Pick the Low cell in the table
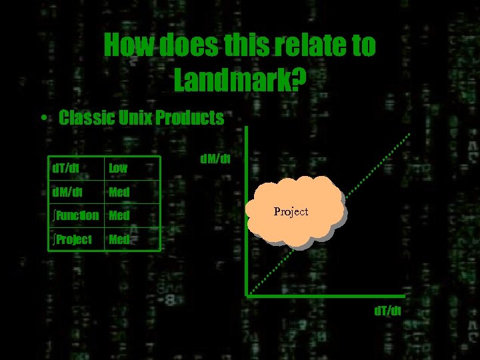118,169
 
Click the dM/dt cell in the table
67,193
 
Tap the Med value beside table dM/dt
119,193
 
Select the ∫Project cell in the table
73,239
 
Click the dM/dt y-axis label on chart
215,159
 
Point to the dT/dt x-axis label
387,311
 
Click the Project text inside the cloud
291,211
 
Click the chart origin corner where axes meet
247,294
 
